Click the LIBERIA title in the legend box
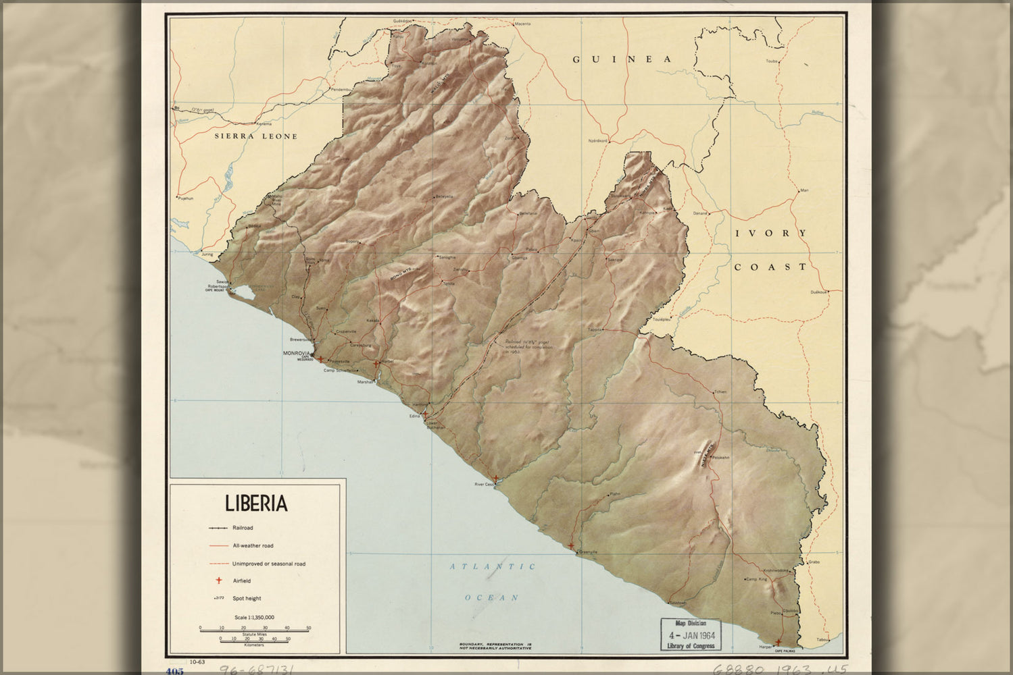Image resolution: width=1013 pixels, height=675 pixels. pos(256,504)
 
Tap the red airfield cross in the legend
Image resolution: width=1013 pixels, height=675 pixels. pos(218,580)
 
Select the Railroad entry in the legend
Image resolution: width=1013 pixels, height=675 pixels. pos(242,528)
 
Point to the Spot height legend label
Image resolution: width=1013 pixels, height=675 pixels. pos(247,598)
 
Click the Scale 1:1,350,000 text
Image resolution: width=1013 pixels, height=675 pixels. pos(254,618)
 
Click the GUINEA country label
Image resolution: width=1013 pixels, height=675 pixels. pos(622,59)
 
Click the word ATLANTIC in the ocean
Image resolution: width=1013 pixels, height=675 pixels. pos(493,567)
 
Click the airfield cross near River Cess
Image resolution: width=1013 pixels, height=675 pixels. pos(496,479)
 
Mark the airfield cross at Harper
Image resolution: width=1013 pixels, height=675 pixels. pos(779,643)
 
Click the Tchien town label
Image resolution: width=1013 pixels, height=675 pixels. pos(720,391)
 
